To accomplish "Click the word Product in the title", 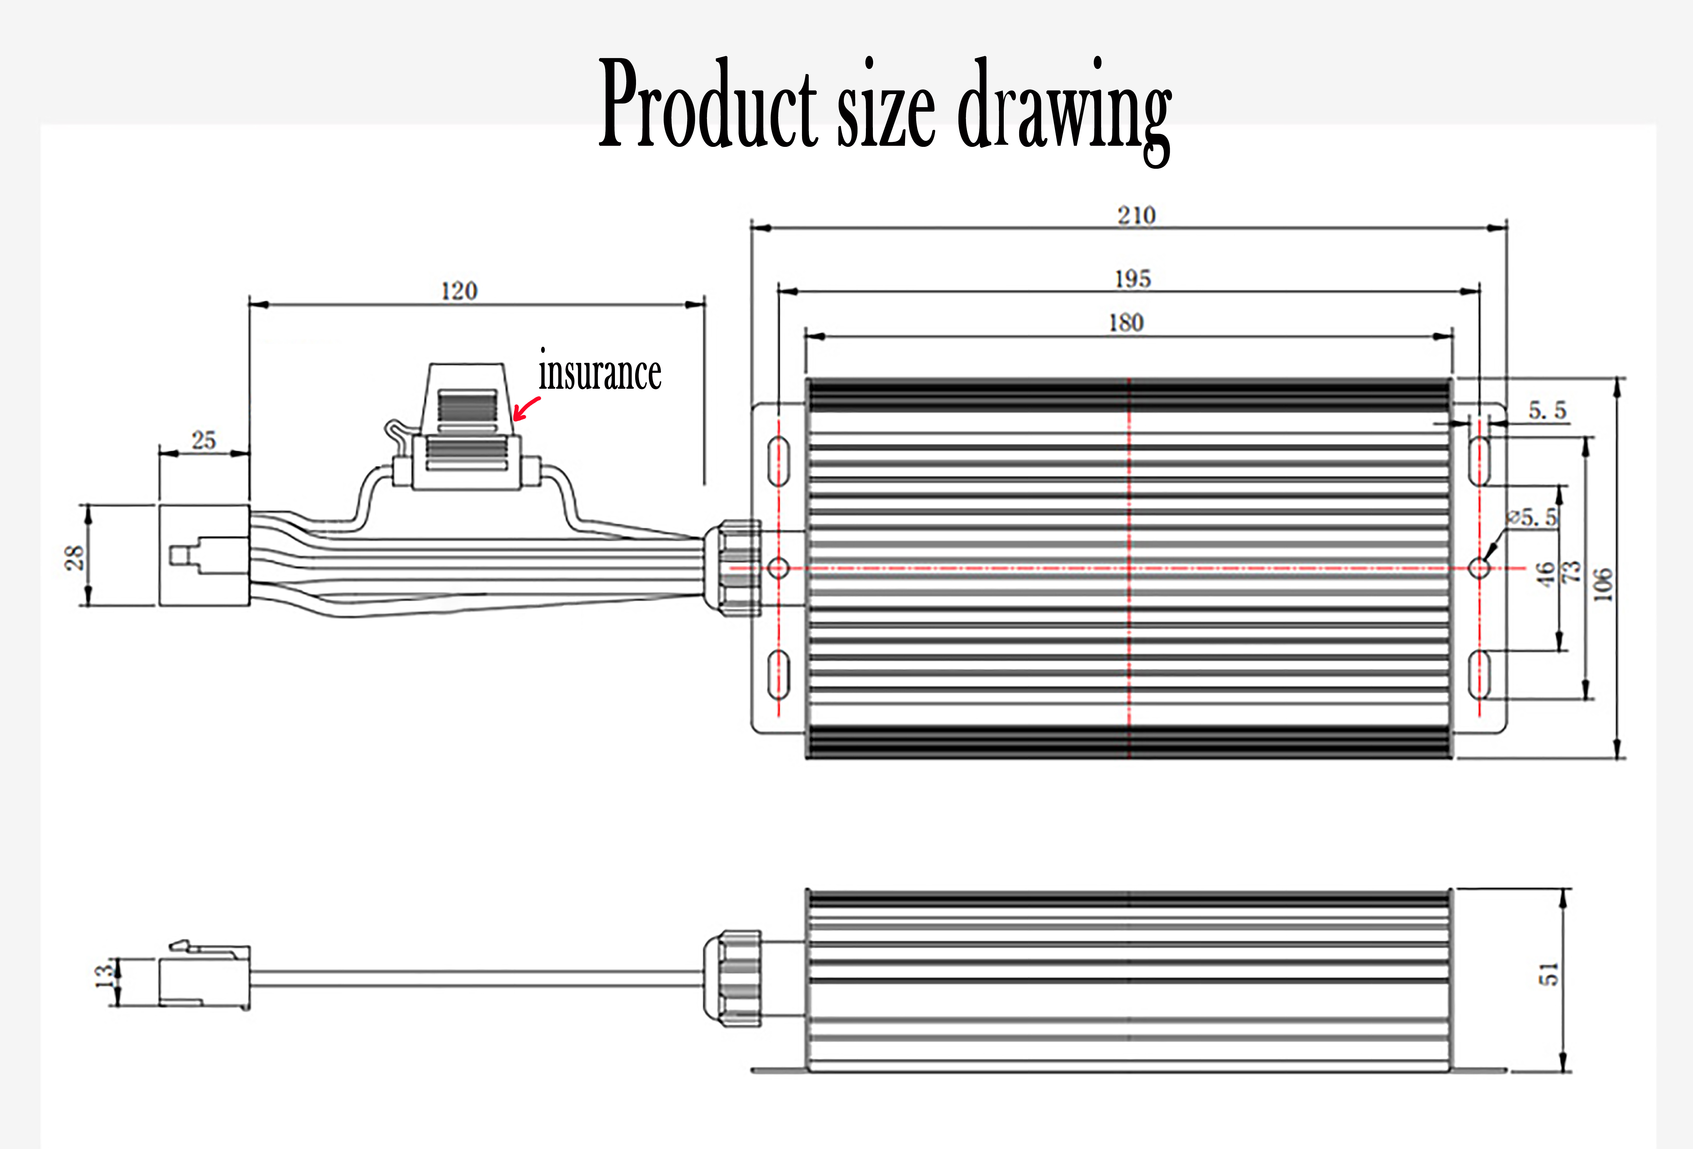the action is point(708,103).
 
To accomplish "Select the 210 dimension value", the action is point(1136,215).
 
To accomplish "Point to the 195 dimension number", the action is point(1133,279).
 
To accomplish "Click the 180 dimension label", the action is point(1126,323).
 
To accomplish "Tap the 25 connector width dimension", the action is point(204,440).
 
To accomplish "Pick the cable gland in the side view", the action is point(732,978).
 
